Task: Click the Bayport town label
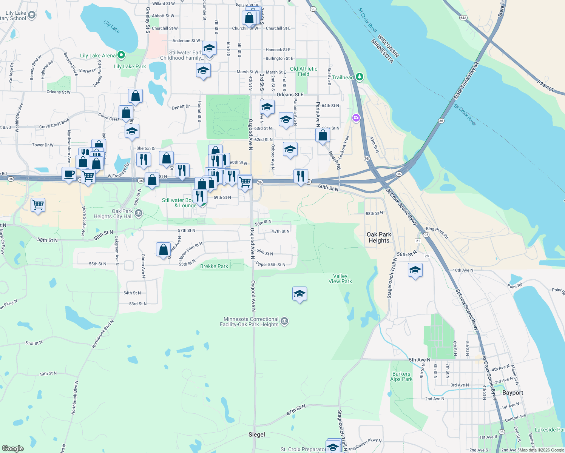(513, 393)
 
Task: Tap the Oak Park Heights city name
(379, 237)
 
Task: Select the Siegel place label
(257, 435)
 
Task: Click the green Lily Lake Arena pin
(121, 55)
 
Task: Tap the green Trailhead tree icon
(360, 77)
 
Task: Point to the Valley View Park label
(340, 279)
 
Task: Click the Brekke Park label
(214, 266)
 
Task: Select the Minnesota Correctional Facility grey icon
(285, 321)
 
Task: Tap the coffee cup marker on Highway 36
(69, 174)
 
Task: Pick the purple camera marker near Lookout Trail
(356, 118)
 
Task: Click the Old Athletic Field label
(304, 71)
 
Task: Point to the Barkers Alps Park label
(401, 376)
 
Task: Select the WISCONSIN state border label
(388, 46)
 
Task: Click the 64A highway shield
(463, 18)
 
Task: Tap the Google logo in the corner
(13, 448)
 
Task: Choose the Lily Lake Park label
(130, 66)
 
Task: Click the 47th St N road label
(296, 410)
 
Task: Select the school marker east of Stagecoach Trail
(415, 270)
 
